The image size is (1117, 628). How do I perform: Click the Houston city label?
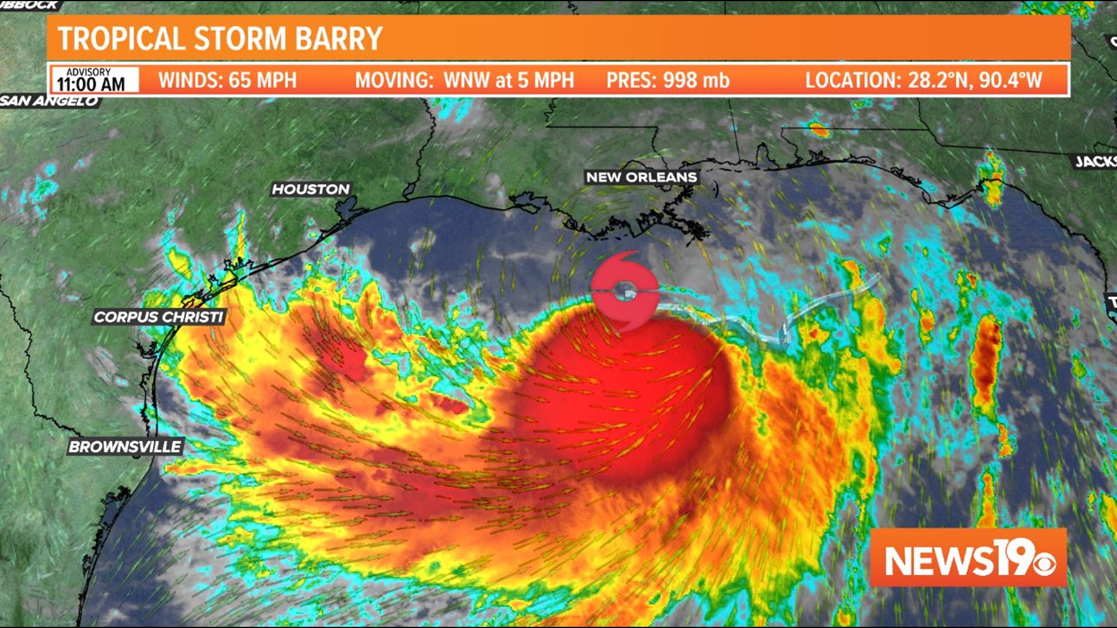tap(311, 189)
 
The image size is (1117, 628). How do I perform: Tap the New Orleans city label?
tap(641, 177)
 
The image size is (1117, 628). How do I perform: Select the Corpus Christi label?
tap(158, 317)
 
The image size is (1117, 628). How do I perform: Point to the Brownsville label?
tap(125, 447)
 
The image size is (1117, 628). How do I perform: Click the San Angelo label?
tap(49, 101)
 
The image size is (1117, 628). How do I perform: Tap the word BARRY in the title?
tap(339, 39)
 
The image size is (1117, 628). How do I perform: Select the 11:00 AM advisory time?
tap(91, 85)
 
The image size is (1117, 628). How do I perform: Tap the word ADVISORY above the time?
tap(88, 72)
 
